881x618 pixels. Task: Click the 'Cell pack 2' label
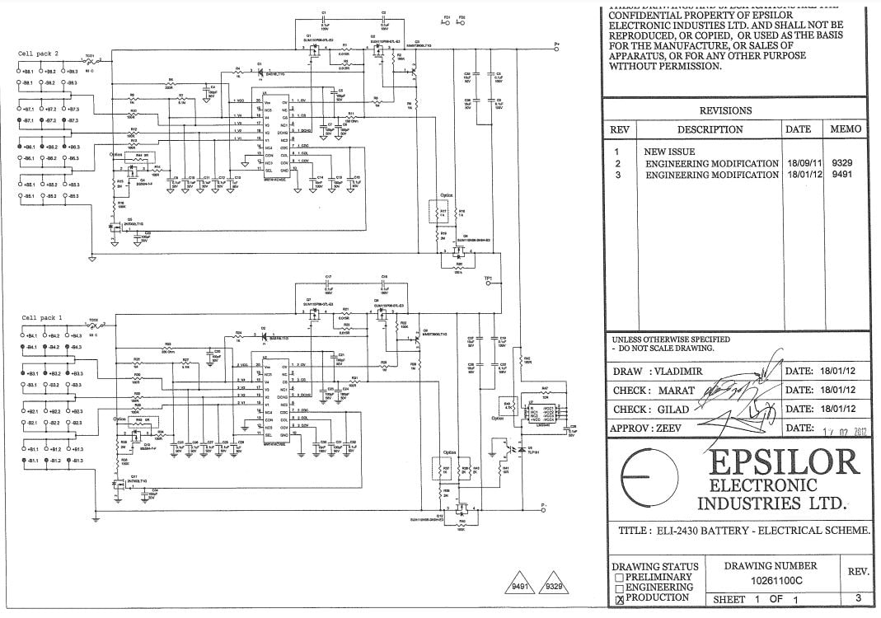click(40, 54)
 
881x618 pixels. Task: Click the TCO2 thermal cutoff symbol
click(94, 324)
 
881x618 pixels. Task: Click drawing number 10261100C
click(771, 581)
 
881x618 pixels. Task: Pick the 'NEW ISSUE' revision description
click(669, 152)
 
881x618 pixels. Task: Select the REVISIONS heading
click(725, 110)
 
